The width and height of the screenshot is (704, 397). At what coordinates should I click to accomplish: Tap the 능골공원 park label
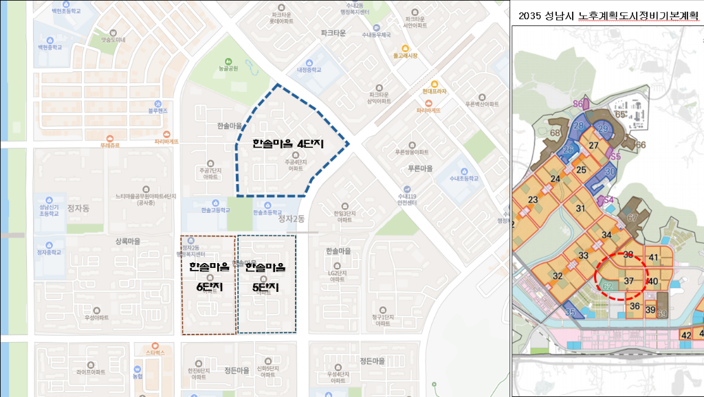coord(228,69)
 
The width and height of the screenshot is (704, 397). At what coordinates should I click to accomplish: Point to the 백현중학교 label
coord(50,48)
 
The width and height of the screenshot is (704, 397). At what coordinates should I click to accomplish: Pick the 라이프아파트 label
coord(91,372)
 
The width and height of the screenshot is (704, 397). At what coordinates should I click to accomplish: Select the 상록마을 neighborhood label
coord(128,241)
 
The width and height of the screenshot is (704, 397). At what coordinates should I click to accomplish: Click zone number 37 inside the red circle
coord(629,280)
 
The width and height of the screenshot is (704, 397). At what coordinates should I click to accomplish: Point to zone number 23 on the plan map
coord(533,200)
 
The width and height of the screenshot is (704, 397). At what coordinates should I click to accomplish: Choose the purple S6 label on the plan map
coord(578,104)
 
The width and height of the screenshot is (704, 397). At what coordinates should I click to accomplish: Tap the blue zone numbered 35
coord(570,313)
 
